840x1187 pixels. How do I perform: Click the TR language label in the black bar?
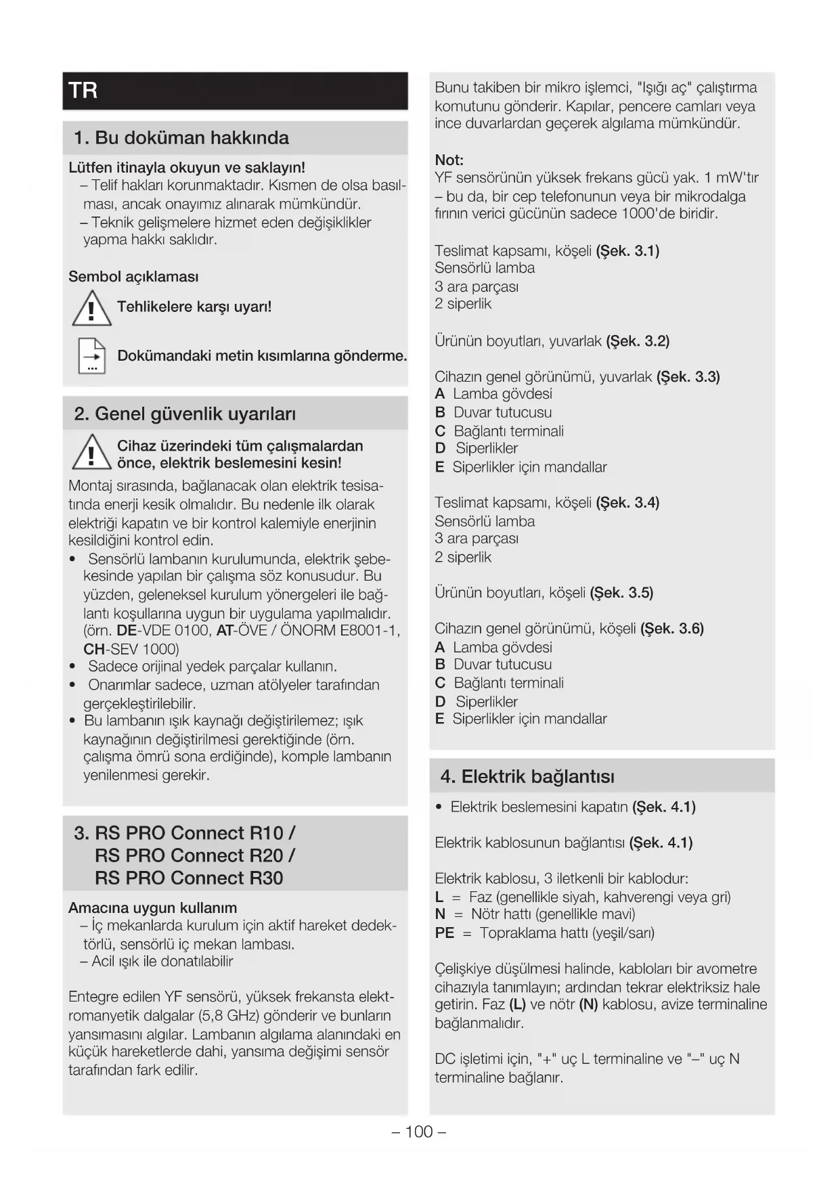(83, 91)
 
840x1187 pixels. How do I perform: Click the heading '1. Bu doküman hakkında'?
(181, 138)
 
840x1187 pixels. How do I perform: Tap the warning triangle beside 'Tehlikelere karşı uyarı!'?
(91, 308)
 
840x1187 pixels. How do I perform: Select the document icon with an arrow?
(91, 356)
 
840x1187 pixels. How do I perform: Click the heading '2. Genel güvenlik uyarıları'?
(185, 414)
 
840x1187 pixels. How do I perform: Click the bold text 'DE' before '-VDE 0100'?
(127, 631)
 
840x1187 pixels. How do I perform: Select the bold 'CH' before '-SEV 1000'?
(93, 650)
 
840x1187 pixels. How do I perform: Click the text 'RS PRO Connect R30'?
(189, 878)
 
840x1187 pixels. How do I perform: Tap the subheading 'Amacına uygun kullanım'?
(152, 908)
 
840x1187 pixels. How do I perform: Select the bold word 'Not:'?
(449, 160)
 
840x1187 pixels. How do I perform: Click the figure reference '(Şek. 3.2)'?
(638, 341)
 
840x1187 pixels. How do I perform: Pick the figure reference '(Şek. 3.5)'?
(621, 593)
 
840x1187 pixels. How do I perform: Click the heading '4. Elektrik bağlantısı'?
(527, 777)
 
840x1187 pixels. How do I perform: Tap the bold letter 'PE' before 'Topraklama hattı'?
(444, 933)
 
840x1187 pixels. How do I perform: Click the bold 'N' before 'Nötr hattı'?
(440, 915)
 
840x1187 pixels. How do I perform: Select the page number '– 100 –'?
(419, 1132)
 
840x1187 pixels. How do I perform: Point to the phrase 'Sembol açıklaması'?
(133, 277)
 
